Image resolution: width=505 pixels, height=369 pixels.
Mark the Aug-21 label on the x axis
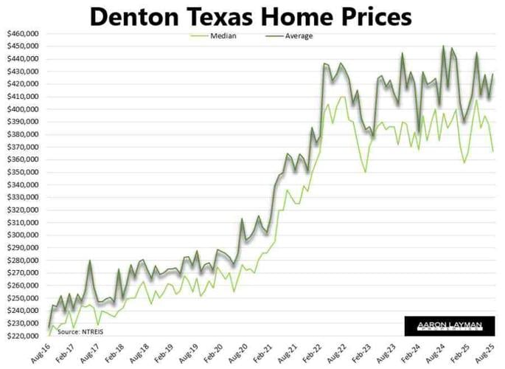[x=286, y=351]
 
